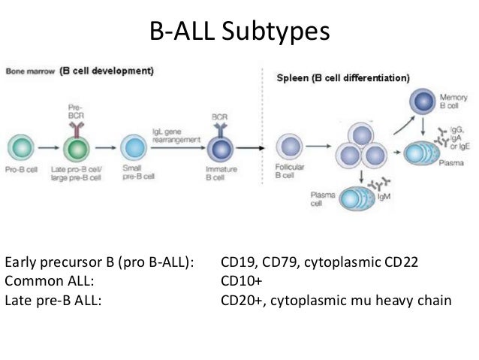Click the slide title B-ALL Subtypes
239,32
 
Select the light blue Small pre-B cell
133,145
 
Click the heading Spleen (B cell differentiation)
343,77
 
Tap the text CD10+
240,282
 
